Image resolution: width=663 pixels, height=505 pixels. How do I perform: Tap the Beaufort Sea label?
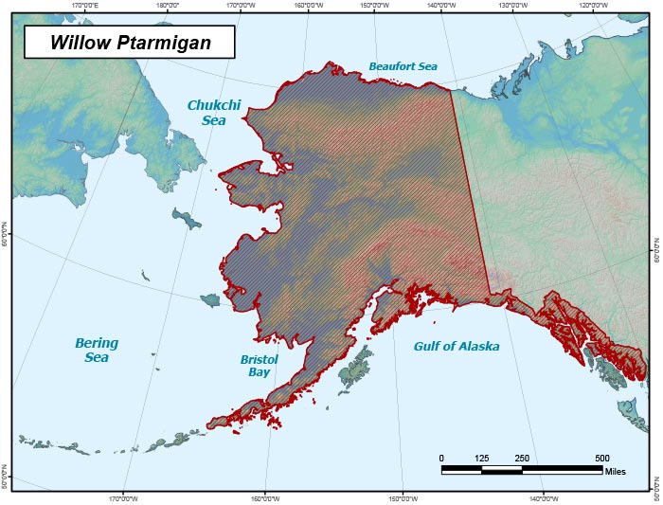(x=403, y=66)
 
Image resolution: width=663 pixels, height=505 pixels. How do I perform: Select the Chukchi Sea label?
(x=208, y=113)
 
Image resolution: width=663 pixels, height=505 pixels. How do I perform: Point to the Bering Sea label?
(x=97, y=350)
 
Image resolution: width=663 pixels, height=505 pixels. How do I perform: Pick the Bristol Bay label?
(x=259, y=366)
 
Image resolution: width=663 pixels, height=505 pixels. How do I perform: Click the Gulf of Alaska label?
(x=456, y=346)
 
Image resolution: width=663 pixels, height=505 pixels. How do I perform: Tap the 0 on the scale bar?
(x=441, y=459)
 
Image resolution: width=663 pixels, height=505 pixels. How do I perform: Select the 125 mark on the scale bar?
(x=481, y=459)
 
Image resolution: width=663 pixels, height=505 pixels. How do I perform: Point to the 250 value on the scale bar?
(x=521, y=459)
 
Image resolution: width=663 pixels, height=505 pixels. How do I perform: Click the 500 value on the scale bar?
(x=601, y=459)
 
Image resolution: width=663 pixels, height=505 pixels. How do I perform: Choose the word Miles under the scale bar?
(x=616, y=472)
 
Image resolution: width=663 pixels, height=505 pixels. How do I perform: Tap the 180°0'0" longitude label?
(x=169, y=5)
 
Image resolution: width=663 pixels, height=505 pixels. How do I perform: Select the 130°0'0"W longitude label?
(x=512, y=5)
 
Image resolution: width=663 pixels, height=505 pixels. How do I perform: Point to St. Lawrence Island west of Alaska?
(x=187, y=220)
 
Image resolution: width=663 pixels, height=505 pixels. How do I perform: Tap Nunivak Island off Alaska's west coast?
(x=210, y=299)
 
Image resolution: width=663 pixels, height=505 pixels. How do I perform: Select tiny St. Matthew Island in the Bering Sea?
(x=144, y=277)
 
